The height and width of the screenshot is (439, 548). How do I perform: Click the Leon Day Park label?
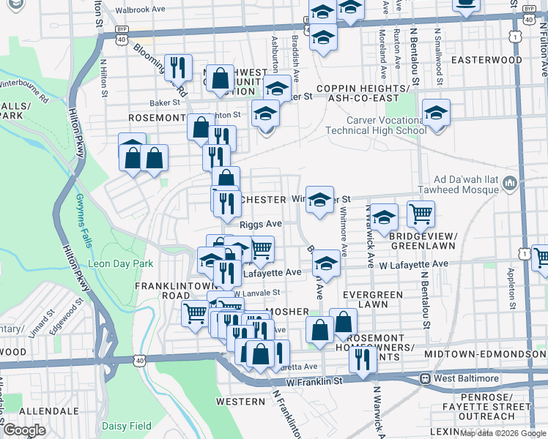[x=121, y=263]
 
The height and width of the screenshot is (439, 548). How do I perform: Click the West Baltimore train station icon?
[x=424, y=379]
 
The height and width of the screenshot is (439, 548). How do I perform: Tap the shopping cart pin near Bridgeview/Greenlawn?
[x=421, y=213]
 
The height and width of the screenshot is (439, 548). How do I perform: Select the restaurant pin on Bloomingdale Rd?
[x=178, y=67]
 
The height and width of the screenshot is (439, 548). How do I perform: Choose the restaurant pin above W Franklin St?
[x=362, y=359]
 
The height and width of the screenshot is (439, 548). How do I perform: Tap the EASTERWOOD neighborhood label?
[x=487, y=60]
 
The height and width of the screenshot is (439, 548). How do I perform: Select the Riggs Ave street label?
[x=261, y=224]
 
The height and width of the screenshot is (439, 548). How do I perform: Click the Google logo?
[x=24, y=430]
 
